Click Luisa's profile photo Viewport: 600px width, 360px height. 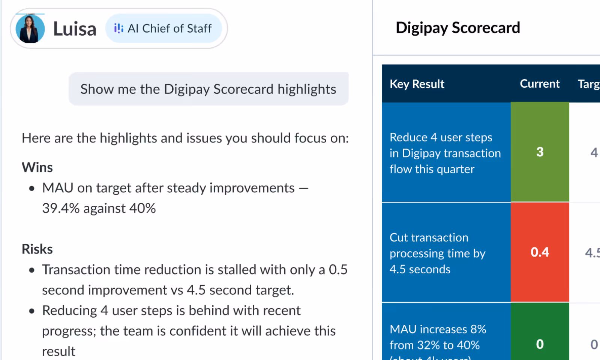[x=30, y=28]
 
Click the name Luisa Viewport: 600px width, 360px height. [x=75, y=29]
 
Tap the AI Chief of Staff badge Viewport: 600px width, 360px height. [x=164, y=28]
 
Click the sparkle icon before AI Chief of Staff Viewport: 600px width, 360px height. [x=118, y=28]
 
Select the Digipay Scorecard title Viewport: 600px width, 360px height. [x=457, y=28]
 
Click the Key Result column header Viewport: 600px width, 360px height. [x=417, y=84]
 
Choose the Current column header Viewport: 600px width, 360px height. [x=539, y=84]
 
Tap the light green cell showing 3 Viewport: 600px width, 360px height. [x=540, y=152]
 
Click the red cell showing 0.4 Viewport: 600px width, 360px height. [x=540, y=252]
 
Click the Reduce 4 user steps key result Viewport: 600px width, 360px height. [x=445, y=153]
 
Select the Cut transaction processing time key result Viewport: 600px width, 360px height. [x=437, y=253]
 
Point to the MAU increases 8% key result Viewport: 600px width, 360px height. [x=438, y=337]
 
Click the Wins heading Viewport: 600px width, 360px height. [x=37, y=167]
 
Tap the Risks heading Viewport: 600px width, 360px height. [x=37, y=249]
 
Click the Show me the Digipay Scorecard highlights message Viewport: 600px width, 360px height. [x=208, y=89]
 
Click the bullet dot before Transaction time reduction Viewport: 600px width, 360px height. [x=32, y=270]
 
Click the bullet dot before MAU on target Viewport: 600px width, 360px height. [x=32, y=188]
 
